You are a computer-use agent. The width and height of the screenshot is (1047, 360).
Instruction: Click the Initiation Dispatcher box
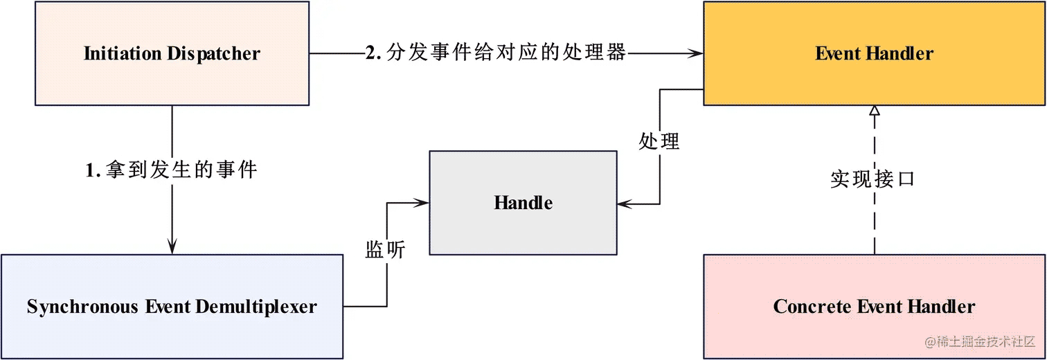(x=172, y=53)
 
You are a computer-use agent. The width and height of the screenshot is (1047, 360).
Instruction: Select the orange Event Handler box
(x=874, y=53)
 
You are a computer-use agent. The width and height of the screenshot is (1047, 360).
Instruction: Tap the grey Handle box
(x=523, y=203)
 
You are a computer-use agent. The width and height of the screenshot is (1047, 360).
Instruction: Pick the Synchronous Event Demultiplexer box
(x=172, y=307)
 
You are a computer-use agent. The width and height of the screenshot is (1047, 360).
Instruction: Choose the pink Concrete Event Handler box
(x=874, y=307)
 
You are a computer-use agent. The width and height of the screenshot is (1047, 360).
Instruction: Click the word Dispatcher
(x=213, y=54)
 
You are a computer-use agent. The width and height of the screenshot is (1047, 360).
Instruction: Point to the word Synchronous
(x=82, y=307)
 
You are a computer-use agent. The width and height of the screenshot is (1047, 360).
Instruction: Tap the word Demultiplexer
(x=256, y=307)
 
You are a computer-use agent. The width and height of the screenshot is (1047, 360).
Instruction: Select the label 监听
(x=385, y=249)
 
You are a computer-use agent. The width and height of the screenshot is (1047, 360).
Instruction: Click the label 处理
(x=659, y=141)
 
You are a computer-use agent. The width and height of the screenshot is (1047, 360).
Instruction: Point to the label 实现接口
(x=872, y=179)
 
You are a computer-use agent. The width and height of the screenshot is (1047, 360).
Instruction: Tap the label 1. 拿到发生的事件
(x=171, y=169)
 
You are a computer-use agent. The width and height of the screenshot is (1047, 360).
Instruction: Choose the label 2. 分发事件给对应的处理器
(x=496, y=53)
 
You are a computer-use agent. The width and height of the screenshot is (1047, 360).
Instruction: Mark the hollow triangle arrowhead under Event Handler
(x=874, y=111)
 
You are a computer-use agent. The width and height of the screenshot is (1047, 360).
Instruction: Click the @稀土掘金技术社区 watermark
(x=980, y=342)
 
